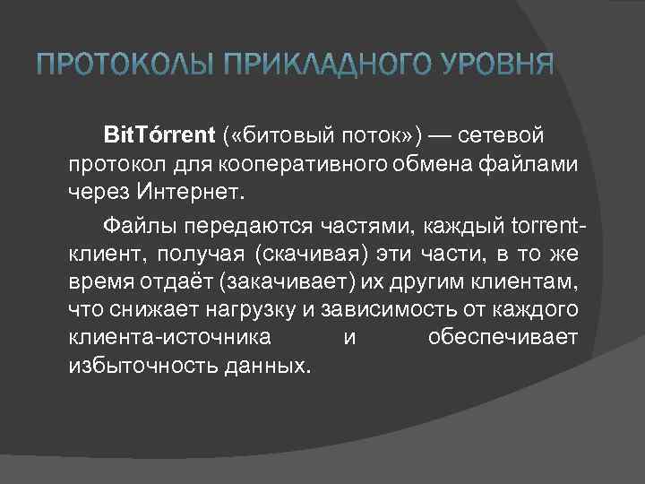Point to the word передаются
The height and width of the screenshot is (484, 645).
click(228, 222)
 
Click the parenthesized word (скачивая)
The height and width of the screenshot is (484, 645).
click(310, 252)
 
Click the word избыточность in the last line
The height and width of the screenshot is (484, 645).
click(131, 367)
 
